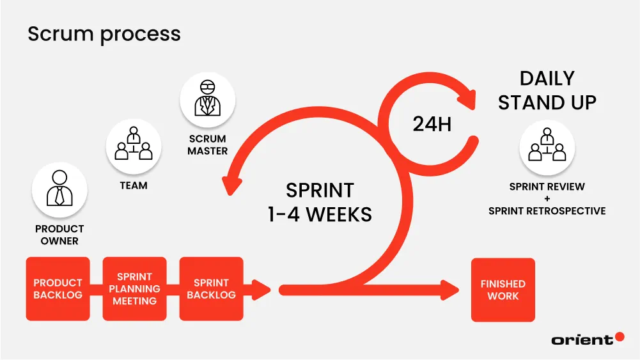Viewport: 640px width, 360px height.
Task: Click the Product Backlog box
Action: click(x=58, y=289)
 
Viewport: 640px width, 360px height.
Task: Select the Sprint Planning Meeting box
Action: click(x=134, y=289)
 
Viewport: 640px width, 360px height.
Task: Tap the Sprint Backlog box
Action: click(x=211, y=289)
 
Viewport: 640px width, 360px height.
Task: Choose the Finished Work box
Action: click(x=503, y=290)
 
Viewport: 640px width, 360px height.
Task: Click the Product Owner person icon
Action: click(x=59, y=189)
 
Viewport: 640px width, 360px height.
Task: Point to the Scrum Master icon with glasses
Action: click(x=207, y=100)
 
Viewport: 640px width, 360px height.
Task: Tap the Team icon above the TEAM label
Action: click(x=134, y=146)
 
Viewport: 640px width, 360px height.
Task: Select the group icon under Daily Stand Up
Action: click(x=547, y=148)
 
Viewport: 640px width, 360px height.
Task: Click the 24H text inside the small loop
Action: click(x=432, y=124)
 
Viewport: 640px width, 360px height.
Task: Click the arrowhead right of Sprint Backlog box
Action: click(x=263, y=289)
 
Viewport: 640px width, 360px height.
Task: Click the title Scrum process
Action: click(x=104, y=33)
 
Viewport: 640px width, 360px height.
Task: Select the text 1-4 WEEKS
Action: click(x=319, y=214)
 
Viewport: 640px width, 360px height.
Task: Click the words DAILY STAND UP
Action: click(x=547, y=90)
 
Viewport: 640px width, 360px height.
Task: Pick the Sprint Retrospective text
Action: click(x=547, y=210)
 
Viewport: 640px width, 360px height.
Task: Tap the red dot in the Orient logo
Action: click(x=619, y=337)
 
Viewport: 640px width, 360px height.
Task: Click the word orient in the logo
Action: click(x=582, y=340)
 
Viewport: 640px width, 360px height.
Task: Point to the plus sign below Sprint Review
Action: click(x=547, y=199)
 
